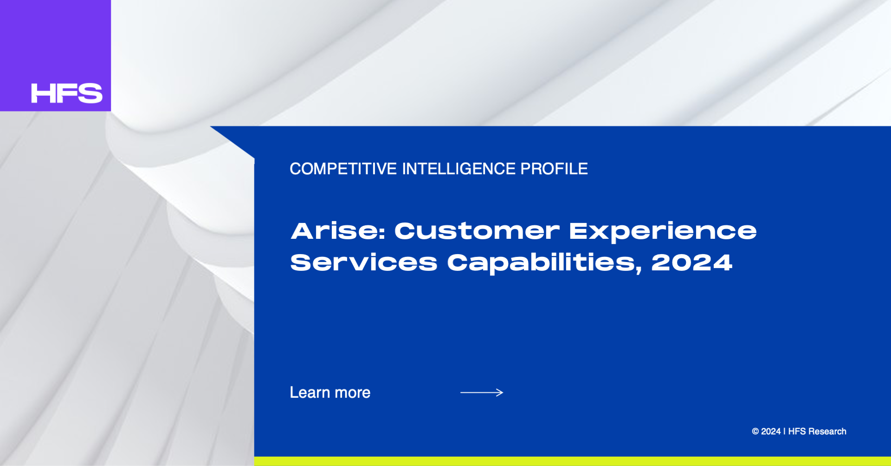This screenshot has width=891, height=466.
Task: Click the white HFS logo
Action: [x=67, y=93]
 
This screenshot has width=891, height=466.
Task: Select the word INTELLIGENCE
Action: [x=458, y=169]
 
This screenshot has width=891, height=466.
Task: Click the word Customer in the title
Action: [x=477, y=231]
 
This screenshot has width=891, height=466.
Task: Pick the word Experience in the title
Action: [x=663, y=232]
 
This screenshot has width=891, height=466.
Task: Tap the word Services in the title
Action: [x=364, y=263]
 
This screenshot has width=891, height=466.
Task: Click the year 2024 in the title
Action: [x=691, y=263]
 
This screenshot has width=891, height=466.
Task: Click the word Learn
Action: [x=310, y=393]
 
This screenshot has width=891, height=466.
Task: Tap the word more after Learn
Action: [x=353, y=394]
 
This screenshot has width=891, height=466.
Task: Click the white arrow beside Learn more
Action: [x=482, y=393]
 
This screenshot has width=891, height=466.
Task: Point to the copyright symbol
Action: [x=755, y=432]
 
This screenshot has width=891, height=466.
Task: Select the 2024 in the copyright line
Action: [x=771, y=432]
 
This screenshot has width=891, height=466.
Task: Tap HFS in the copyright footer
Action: [x=797, y=432]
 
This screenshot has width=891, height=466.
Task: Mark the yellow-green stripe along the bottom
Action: [x=573, y=461]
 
